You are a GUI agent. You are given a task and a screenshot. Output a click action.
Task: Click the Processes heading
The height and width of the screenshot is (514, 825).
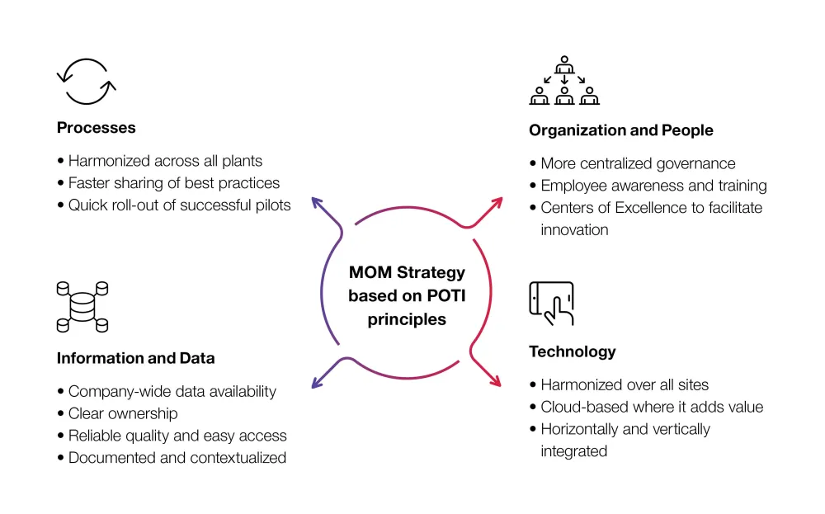(x=96, y=128)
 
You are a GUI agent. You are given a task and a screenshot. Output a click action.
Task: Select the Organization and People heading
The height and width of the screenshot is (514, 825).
(x=620, y=130)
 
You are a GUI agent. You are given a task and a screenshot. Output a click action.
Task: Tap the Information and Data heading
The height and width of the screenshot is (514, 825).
(x=135, y=358)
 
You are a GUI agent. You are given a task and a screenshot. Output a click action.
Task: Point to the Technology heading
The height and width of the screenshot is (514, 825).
(x=572, y=351)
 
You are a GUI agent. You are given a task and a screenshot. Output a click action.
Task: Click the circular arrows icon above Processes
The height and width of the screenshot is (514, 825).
(x=87, y=81)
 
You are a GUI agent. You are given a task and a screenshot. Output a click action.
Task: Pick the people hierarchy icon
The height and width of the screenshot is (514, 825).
(x=564, y=81)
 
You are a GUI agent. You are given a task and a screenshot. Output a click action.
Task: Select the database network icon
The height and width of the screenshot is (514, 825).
(x=82, y=306)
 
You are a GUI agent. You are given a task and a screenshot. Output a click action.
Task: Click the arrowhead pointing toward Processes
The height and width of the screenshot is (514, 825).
(x=315, y=202)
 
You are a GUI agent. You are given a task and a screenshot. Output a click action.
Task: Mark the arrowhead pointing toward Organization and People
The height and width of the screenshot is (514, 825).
(x=498, y=202)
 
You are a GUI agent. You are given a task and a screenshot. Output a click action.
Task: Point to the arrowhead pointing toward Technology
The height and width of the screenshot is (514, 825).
(x=497, y=382)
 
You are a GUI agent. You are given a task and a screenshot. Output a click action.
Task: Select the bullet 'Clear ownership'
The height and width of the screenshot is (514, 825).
(x=122, y=413)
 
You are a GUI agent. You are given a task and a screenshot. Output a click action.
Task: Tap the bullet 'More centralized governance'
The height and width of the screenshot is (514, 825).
(x=637, y=163)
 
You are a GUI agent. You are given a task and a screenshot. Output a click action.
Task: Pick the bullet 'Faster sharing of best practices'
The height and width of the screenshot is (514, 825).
(x=173, y=183)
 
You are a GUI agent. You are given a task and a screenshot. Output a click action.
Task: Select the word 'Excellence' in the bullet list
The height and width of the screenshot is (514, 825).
(x=658, y=208)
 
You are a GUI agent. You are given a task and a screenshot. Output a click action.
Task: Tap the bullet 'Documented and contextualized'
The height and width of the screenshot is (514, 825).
(x=177, y=457)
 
